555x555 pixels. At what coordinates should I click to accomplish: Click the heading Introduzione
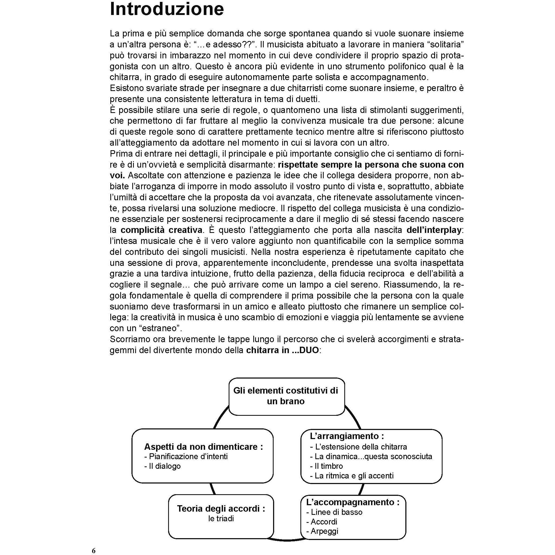tap(167, 9)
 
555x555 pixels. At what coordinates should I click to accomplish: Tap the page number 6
tap(94, 550)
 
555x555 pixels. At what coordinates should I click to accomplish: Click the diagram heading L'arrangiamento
tap(347, 436)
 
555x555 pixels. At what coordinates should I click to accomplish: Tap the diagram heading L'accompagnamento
tap(353, 502)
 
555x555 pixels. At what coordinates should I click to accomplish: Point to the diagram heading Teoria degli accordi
tap(221, 508)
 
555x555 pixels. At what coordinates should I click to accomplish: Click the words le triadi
tap(221, 519)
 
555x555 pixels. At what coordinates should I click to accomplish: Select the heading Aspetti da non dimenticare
tap(203, 447)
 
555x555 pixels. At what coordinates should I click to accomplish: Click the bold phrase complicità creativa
tap(161, 230)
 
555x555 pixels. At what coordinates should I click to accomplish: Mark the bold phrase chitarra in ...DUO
tap(282, 350)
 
